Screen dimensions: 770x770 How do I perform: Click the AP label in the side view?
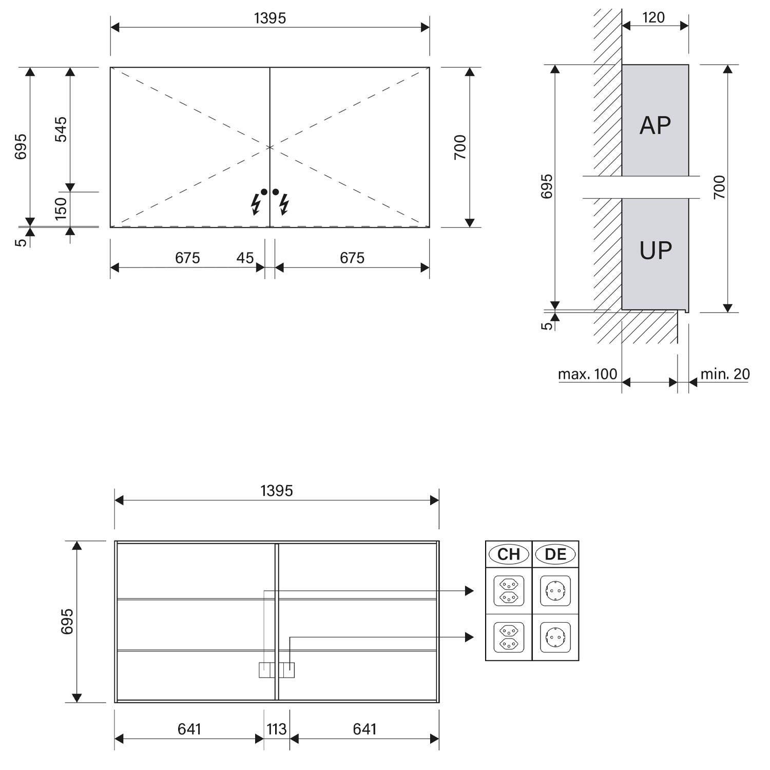point(655,125)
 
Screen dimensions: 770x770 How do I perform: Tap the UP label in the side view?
point(656,251)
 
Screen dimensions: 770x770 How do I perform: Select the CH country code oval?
point(509,554)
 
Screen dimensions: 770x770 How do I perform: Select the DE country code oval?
point(555,554)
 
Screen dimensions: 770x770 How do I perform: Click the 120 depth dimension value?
point(653,17)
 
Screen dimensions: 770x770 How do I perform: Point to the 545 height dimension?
point(61,129)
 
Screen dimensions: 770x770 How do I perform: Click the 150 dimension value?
point(61,208)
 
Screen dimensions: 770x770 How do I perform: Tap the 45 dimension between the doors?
point(245,258)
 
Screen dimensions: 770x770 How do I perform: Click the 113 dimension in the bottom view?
point(277,729)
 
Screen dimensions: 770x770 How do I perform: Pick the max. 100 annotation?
point(588,374)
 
